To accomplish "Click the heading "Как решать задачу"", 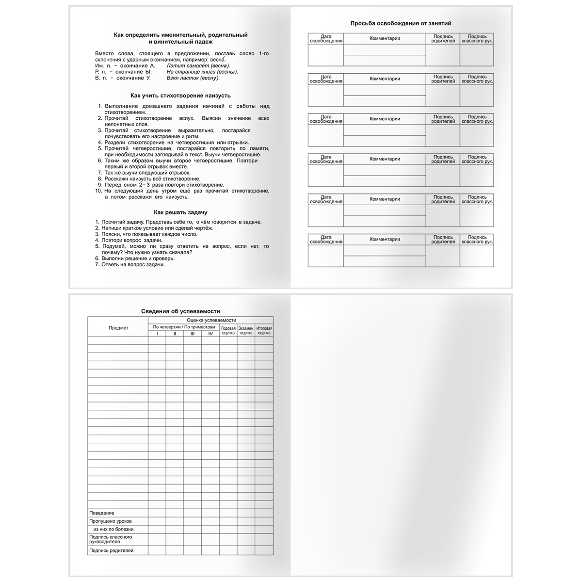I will point(180,212).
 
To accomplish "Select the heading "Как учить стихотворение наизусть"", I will point(180,96).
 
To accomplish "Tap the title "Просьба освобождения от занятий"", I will point(401,23).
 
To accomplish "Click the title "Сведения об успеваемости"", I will point(180,311).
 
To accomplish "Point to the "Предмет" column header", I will point(118,328).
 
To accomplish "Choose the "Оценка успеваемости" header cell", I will point(210,320).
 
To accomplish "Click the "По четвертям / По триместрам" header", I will point(183,327).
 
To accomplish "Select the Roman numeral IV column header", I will point(210,334).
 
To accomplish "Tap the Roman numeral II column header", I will point(175,334).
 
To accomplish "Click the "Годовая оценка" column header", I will point(228,331).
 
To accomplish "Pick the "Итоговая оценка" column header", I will point(264,331).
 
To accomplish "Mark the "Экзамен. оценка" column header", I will point(246,331).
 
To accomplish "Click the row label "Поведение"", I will point(102,513).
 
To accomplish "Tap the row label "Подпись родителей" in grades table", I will point(111,550).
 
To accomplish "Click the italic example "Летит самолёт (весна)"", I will point(198,65).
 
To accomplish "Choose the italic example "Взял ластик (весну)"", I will point(193,78).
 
